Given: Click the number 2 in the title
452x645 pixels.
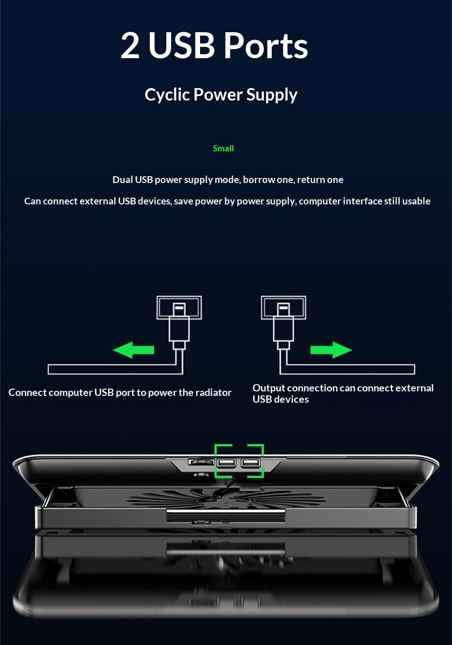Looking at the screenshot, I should click(x=130, y=46).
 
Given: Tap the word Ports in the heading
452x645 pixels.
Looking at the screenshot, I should click(x=266, y=46).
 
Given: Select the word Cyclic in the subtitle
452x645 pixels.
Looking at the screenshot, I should click(x=167, y=95).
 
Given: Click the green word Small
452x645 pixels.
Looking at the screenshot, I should click(x=223, y=149).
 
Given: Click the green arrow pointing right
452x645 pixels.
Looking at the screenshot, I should click(x=331, y=350).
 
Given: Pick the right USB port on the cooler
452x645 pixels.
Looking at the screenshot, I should click(x=249, y=464).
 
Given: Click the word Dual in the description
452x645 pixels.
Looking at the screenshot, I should click(x=122, y=180).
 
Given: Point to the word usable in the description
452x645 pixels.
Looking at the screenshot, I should click(x=416, y=201).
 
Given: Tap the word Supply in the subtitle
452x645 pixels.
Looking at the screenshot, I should click(x=275, y=95).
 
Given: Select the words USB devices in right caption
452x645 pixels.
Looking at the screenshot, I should click(x=280, y=399).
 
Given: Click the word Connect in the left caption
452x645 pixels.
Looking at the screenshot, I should click(x=27, y=393).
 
